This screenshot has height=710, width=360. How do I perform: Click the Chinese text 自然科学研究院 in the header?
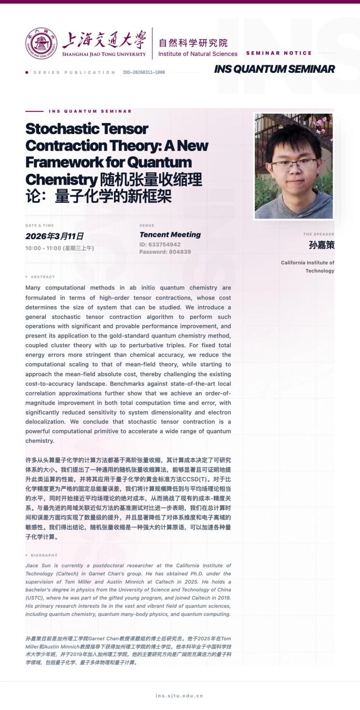(x=193, y=43)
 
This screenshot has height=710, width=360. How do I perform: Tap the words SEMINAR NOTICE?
(x=279, y=53)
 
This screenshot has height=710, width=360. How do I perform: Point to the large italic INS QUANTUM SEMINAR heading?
(x=274, y=69)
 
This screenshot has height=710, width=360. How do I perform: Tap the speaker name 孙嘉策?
(x=321, y=245)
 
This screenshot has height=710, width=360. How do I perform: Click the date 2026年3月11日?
(x=54, y=236)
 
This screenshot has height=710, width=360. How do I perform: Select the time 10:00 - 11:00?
(x=43, y=248)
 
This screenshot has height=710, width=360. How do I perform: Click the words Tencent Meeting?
(x=170, y=235)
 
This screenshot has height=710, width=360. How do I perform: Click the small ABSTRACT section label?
(x=42, y=277)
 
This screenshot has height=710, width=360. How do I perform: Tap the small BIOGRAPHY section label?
(x=44, y=555)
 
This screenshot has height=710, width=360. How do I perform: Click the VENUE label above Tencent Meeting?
(x=147, y=225)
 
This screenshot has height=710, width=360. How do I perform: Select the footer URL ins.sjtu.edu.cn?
(x=180, y=696)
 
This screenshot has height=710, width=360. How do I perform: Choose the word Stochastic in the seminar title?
(x=63, y=129)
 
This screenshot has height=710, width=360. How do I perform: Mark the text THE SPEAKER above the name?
(x=318, y=234)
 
